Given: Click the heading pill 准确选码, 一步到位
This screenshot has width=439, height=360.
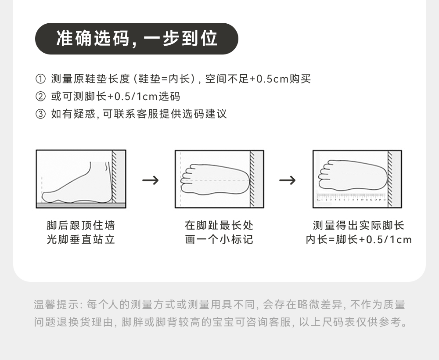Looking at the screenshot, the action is [x=137, y=39].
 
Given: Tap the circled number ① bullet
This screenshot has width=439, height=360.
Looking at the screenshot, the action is [x=40, y=79].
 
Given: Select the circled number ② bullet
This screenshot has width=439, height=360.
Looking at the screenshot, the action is [x=40, y=97].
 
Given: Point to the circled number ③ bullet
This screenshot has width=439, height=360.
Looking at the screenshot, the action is [x=40, y=114].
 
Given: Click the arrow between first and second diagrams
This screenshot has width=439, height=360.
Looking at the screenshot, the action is [x=150, y=180].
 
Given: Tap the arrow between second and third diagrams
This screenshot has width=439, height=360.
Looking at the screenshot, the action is [x=288, y=180].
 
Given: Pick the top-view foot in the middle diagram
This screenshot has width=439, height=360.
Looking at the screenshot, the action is [x=215, y=180].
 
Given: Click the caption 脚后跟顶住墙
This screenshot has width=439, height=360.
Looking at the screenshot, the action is [x=81, y=226].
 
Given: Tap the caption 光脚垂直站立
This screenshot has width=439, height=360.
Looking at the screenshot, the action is [x=81, y=240].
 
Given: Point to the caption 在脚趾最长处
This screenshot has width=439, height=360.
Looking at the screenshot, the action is [x=219, y=226].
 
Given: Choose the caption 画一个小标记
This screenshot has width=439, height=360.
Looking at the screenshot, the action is [x=219, y=240].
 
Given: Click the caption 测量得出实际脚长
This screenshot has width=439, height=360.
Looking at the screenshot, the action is [x=358, y=226].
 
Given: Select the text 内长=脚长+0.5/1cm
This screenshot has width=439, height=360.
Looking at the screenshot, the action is [x=358, y=240].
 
